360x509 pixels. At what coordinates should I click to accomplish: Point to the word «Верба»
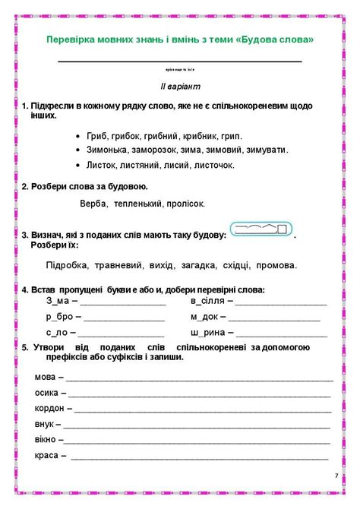coord(93,204)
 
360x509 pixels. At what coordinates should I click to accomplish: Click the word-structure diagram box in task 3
coord(260,229)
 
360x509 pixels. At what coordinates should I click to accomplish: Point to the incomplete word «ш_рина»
coord(207,332)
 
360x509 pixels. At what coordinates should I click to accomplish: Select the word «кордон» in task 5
coord(50,408)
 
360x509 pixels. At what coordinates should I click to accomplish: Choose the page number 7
coord(336,476)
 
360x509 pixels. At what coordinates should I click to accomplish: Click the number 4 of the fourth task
coord(24,289)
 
